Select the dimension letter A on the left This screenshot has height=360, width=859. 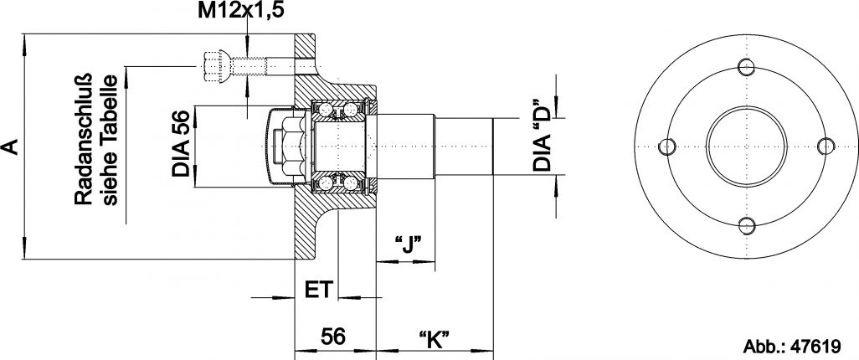point(11,147)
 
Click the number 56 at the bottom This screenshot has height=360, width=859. point(333,337)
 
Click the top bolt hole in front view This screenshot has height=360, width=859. point(747,67)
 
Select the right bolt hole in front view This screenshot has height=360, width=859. point(826,146)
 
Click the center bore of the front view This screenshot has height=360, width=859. point(747,146)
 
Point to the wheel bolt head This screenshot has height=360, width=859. point(213,65)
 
